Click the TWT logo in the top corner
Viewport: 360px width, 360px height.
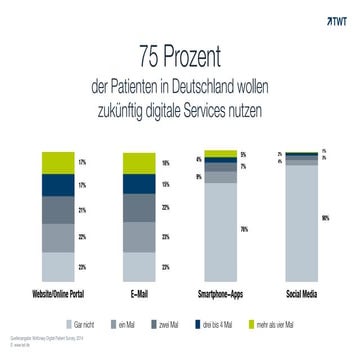click(335, 17)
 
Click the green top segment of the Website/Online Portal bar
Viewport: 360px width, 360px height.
click(58, 162)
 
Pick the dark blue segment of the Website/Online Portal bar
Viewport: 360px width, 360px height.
click(58, 186)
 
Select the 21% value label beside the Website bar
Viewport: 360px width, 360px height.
click(81, 211)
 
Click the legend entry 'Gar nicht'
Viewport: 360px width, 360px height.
click(83, 323)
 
